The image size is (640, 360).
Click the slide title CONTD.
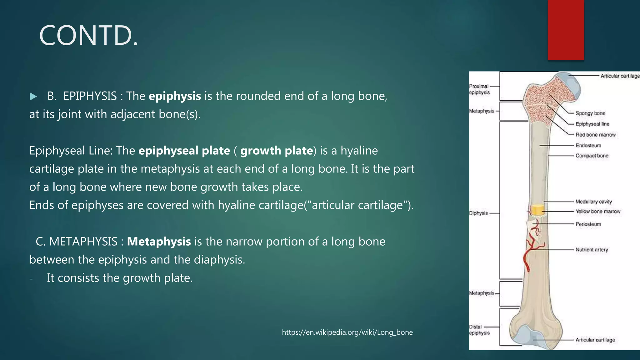tap(88, 36)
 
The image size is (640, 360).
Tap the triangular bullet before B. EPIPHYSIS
tap(33, 97)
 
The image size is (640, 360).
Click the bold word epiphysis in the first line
tap(175, 96)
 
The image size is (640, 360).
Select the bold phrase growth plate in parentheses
tap(277, 151)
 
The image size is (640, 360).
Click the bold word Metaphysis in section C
tap(159, 242)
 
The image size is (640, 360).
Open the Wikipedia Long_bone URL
tap(347, 332)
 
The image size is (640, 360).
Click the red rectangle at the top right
tap(566, 30)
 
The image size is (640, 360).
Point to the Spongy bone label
tap(590, 113)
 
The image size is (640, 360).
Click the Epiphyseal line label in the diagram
tap(592, 124)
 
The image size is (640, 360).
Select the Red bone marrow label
tap(595, 135)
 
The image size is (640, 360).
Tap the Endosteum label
tap(588, 145)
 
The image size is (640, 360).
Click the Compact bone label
tap(592, 156)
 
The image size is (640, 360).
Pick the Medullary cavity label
tap(593, 202)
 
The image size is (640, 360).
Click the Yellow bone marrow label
tap(598, 212)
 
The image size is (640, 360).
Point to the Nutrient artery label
tap(592, 250)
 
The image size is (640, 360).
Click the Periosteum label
tap(588, 224)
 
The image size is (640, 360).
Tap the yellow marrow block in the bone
tap(537, 210)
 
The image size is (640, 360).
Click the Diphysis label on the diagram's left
tap(478, 213)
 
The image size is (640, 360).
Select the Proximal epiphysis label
tap(479, 89)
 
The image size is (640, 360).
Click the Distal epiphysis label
tap(479, 330)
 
